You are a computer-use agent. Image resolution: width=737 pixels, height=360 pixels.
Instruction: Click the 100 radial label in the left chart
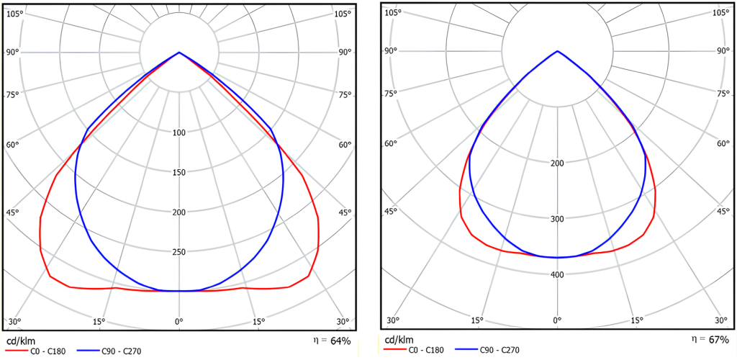(x=179, y=132)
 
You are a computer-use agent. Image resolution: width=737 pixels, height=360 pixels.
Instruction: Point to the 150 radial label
(x=179, y=172)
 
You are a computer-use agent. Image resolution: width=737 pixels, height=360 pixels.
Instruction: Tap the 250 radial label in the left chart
(x=179, y=252)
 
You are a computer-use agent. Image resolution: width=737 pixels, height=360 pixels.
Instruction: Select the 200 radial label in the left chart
(x=179, y=212)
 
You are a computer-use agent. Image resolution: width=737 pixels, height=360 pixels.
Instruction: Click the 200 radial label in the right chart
(x=556, y=163)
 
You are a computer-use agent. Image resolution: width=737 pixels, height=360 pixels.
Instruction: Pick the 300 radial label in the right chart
(x=556, y=219)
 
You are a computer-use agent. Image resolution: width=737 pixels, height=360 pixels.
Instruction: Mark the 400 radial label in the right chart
(x=556, y=274)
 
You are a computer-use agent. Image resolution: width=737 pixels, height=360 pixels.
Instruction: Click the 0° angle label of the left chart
(x=179, y=321)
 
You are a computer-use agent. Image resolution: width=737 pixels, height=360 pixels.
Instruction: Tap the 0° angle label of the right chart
(x=556, y=320)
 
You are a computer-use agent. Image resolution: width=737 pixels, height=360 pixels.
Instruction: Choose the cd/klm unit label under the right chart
(x=399, y=340)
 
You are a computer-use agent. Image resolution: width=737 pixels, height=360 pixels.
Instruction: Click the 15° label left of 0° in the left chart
(x=99, y=321)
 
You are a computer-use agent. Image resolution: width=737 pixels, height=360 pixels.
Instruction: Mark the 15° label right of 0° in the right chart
(x=636, y=320)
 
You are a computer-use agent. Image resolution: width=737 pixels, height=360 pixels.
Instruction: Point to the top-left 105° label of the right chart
(x=392, y=12)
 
